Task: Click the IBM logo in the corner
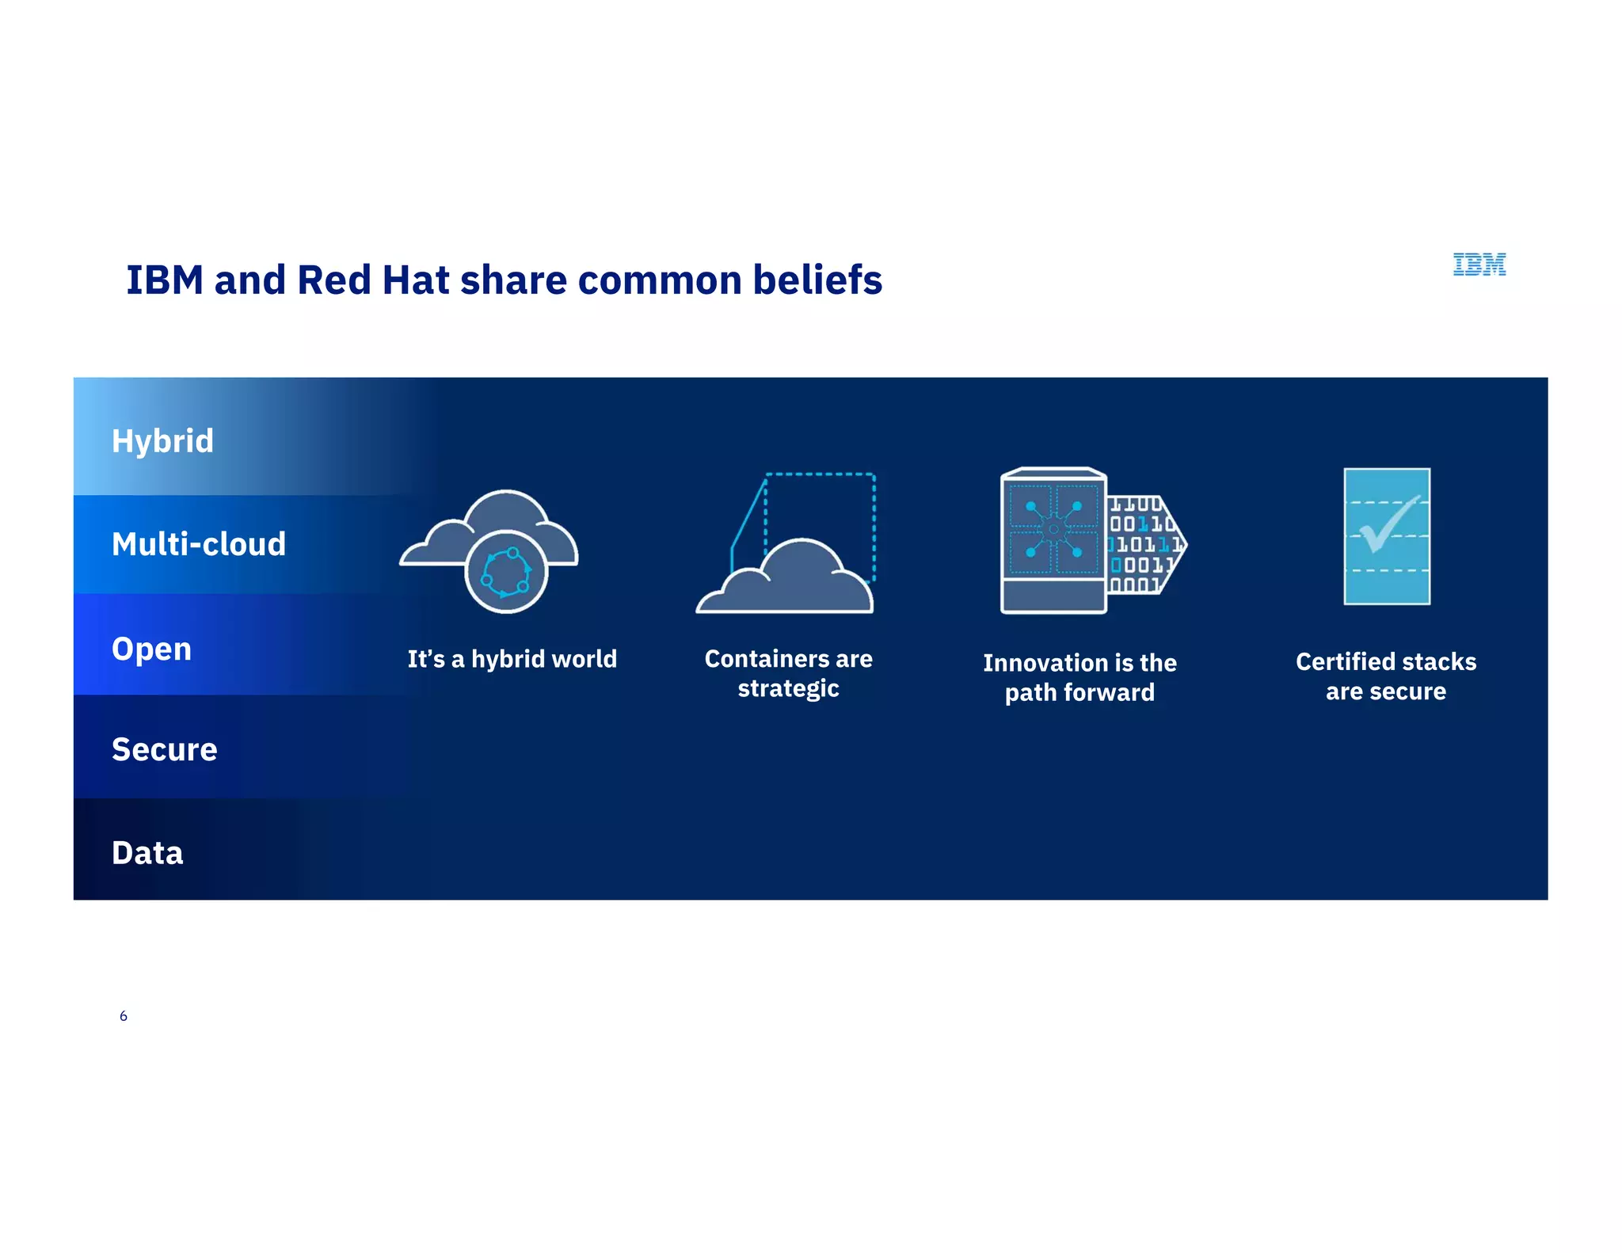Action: click(1479, 265)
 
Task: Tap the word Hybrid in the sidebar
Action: click(162, 441)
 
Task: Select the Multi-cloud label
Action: click(199, 544)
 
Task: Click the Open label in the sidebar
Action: click(151, 649)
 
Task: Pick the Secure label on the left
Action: click(164, 749)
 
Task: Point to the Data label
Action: click(147, 853)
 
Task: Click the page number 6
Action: click(123, 1016)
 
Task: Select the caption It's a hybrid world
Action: click(512, 659)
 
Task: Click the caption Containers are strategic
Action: click(788, 673)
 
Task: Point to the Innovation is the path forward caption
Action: click(1079, 677)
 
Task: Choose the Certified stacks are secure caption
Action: click(1386, 676)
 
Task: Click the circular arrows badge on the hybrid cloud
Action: click(506, 572)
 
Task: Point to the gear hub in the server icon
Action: click(1053, 529)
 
